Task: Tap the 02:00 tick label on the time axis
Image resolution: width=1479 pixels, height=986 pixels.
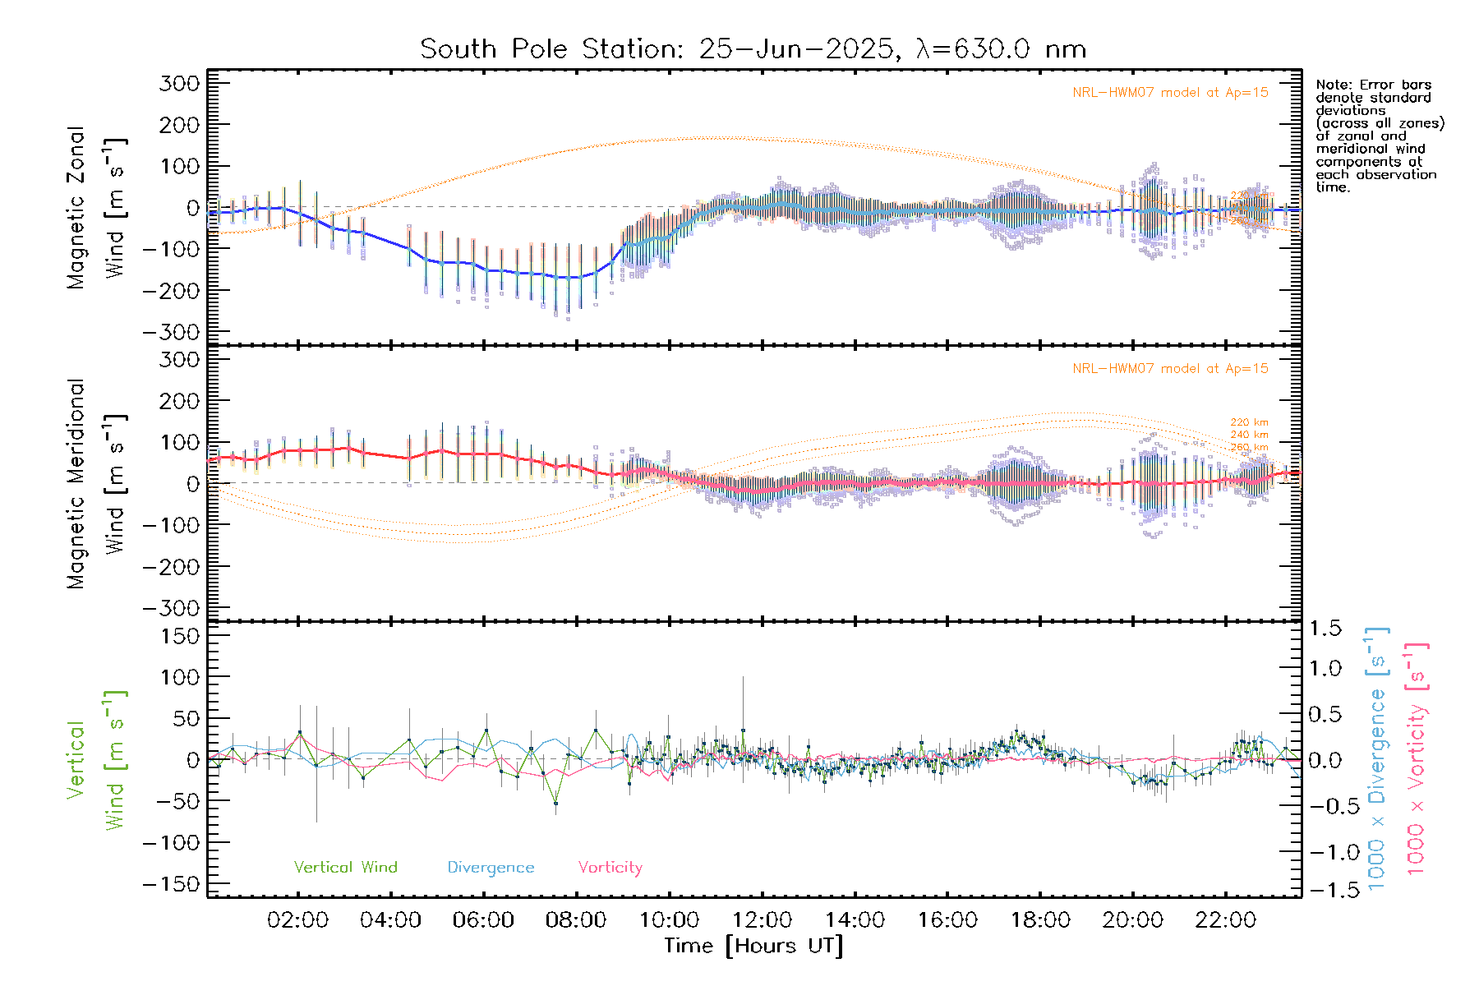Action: tap(297, 920)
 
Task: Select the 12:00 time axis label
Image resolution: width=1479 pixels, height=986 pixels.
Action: tap(762, 920)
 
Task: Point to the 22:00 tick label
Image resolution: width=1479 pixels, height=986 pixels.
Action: tap(1225, 920)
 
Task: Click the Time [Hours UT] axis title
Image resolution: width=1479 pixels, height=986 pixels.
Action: tap(753, 946)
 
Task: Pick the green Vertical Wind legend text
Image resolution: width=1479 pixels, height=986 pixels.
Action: tap(345, 868)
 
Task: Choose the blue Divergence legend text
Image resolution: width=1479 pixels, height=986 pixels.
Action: tap(491, 868)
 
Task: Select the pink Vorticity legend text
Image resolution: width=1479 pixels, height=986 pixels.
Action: tap(610, 868)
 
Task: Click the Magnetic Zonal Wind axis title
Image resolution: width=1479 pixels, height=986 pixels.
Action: tap(97, 207)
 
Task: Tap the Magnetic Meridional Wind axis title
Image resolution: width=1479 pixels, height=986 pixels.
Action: tap(97, 483)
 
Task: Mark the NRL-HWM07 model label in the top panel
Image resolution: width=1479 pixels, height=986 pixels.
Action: tap(1170, 93)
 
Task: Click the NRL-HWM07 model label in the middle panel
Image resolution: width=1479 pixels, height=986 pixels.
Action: tap(1170, 369)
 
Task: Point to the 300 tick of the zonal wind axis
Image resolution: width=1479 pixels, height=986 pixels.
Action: tap(180, 84)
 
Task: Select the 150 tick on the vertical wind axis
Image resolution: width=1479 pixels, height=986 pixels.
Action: tap(180, 636)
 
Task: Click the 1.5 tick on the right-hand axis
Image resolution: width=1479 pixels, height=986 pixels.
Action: tap(1325, 629)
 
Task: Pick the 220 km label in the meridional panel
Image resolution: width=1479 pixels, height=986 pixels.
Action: tap(1249, 422)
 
